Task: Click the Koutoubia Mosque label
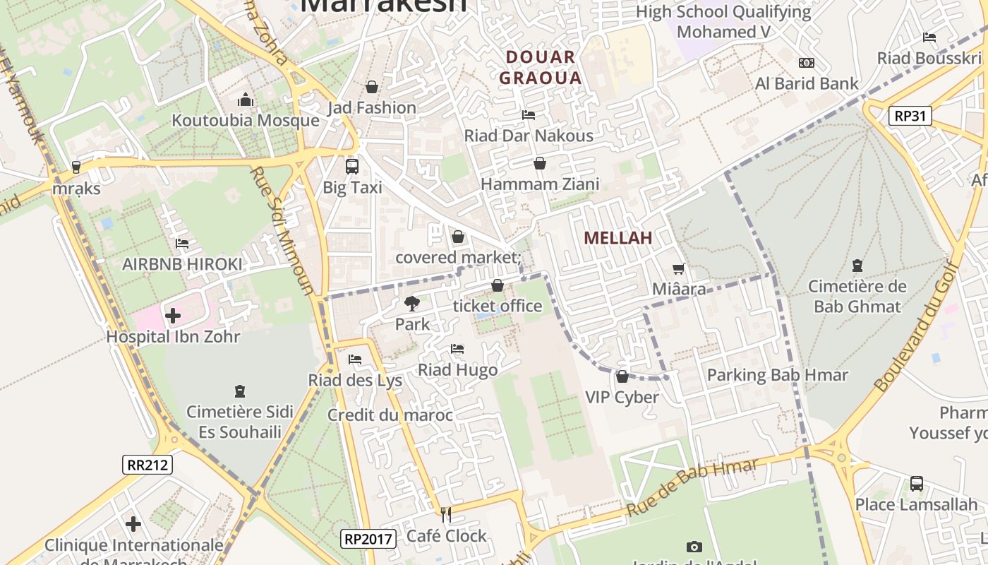(246, 120)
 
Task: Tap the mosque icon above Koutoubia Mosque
(246, 100)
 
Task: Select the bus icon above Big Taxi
(351, 167)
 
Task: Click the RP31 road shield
(910, 116)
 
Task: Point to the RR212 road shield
(147, 464)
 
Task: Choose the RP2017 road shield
(368, 539)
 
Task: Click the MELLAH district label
(617, 238)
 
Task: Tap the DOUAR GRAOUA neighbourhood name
(541, 67)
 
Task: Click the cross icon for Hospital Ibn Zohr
(173, 315)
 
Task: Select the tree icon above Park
(411, 304)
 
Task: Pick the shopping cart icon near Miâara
(679, 268)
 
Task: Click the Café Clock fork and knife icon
(446, 514)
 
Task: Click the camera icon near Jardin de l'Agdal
(694, 547)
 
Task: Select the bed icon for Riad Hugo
(457, 349)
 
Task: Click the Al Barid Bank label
(807, 83)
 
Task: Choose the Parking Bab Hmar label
(777, 375)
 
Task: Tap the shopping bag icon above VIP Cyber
(622, 376)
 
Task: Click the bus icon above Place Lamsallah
(916, 484)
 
